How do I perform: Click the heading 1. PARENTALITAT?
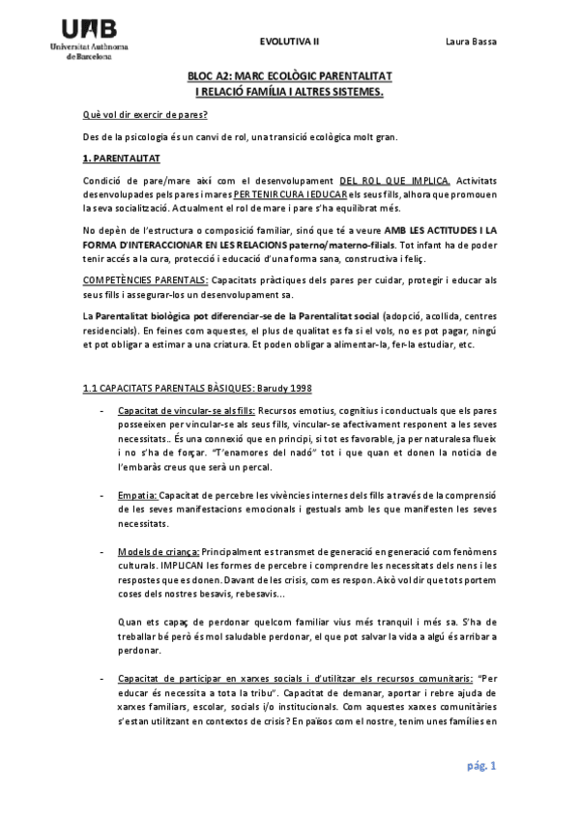coord(123,157)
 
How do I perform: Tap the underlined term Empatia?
coord(136,494)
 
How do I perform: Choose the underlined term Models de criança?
coord(158,549)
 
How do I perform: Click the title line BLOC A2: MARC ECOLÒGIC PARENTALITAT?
coord(288,75)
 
